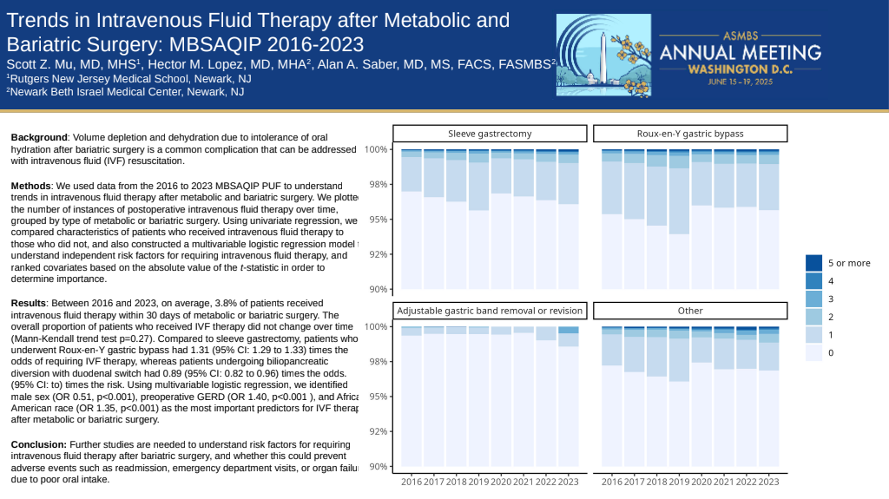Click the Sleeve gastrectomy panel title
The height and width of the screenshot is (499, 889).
tap(490, 134)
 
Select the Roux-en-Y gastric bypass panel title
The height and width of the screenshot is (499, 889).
tap(690, 134)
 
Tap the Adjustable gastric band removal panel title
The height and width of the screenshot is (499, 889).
tap(490, 311)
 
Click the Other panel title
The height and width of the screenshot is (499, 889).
tap(690, 311)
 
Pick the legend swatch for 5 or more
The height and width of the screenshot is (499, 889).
tap(813, 263)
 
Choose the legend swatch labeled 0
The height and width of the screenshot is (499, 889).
tap(813, 352)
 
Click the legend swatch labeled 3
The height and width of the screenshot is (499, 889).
tap(813, 299)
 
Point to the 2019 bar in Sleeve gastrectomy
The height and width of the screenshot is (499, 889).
tap(478, 226)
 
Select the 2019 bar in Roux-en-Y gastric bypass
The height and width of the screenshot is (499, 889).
tap(679, 226)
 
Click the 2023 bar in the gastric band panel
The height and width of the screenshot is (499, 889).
tap(568, 399)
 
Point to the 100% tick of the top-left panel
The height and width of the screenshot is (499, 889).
tap(376, 149)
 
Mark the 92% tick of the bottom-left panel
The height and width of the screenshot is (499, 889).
tap(378, 431)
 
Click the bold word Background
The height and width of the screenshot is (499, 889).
tap(39, 137)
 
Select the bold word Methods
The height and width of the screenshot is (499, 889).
tap(32, 186)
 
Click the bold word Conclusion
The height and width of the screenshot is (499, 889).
tap(38, 444)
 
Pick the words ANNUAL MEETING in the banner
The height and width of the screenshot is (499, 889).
tap(741, 52)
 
